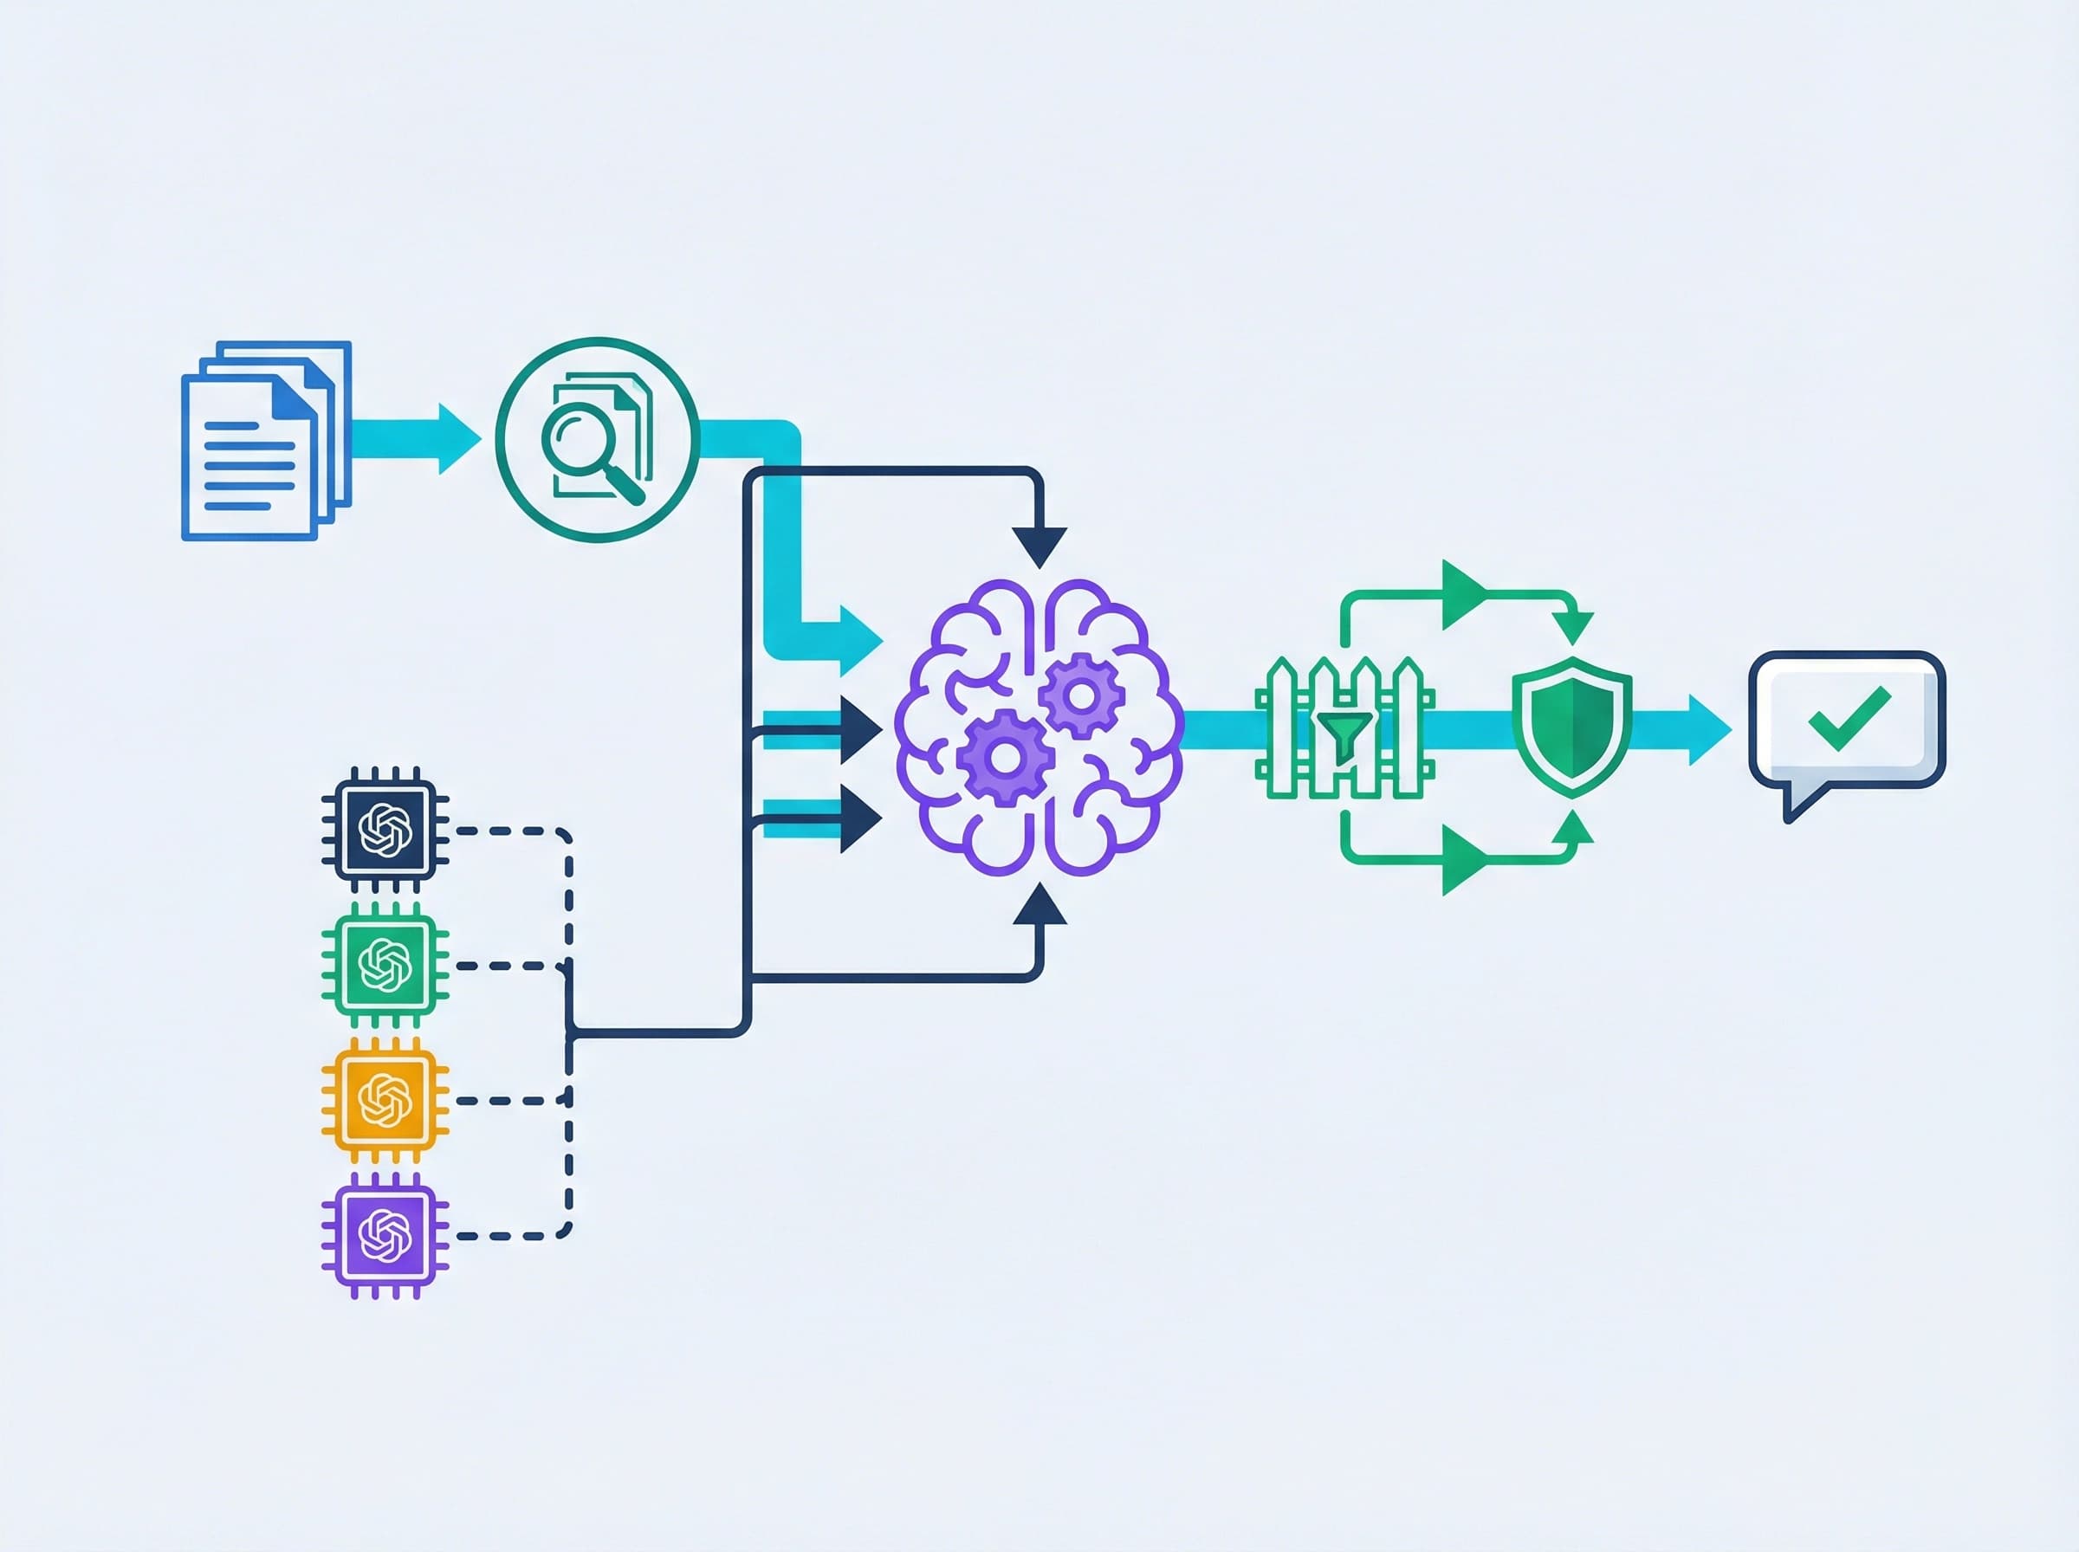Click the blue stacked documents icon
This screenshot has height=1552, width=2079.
(x=265, y=441)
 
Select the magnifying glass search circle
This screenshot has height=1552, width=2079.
(x=598, y=439)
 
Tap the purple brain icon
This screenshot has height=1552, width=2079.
(x=1038, y=727)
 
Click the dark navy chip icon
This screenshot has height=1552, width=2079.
(x=385, y=830)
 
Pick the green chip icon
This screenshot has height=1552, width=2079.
(x=385, y=965)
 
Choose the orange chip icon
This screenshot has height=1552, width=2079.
(x=385, y=1100)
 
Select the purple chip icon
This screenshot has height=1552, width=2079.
(x=385, y=1235)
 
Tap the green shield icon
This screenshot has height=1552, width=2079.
(x=1571, y=727)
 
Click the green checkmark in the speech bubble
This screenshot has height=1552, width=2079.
(x=1848, y=718)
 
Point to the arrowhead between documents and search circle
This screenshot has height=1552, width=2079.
(x=457, y=439)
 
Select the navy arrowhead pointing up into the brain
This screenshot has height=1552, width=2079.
(x=1039, y=906)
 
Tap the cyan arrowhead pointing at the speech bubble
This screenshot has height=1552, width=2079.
(x=1708, y=729)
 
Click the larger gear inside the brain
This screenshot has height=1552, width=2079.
(x=1003, y=757)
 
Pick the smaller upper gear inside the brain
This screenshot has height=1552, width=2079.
(x=1081, y=696)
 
